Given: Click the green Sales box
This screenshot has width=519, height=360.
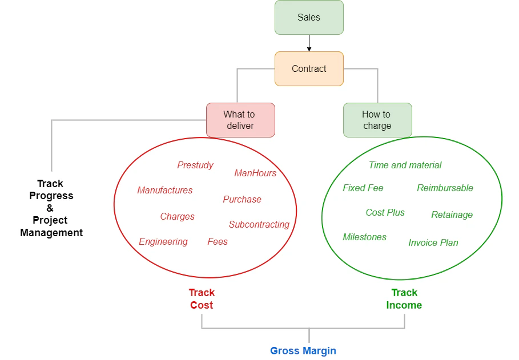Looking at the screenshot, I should pyautogui.click(x=309, y=18).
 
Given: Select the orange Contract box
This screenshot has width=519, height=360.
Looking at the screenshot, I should pyautogui.click(x=309, y=69).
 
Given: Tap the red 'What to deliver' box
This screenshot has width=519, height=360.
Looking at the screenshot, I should pyautogui.click(x=240, y=120).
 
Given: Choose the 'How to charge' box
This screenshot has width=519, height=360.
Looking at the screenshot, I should pyautogui.click(x=377, y=120).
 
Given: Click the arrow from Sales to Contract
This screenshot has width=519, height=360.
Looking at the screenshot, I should pyautogui.click(x=309, y=43).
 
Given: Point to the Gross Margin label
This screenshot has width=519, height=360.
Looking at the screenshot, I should pyautogui.click(x=303, y=351).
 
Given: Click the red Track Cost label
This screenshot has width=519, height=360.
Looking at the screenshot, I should pyautogui.click(x=202, y=299).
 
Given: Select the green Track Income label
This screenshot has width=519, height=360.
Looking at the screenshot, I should pyautogui.click(x=404, y=299).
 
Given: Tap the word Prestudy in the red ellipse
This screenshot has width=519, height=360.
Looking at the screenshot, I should pyautogui.click(x=195, y=165).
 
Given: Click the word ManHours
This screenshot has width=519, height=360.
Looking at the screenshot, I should pyautogui.click(x=255, y=173).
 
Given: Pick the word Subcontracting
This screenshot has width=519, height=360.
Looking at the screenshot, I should pyautogui.click(x=259, y=225).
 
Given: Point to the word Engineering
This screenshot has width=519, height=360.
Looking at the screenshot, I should pyautogui.click(x=163, y=242).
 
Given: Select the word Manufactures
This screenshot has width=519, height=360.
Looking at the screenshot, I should pyautogui.click(x=165, y=191).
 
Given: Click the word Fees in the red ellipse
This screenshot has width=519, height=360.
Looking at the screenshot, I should pyautogui.click(x=218, y=242).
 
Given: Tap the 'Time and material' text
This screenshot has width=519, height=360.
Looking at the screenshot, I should pyautogui.click(x=405, y=165).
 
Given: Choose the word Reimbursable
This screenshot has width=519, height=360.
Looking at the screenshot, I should pyautogui.click(x=445, y=188).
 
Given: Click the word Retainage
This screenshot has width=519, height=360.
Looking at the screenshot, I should pyautogui.click(x=452, y=215).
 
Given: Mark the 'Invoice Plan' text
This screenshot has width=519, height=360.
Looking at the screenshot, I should pyautogui.click(x=433, y=243).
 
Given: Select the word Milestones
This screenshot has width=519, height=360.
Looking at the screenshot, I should pyautogui.click(x=364, y=237).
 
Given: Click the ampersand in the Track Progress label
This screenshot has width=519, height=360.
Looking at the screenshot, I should pyautogui.click(x=50, y=208).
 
